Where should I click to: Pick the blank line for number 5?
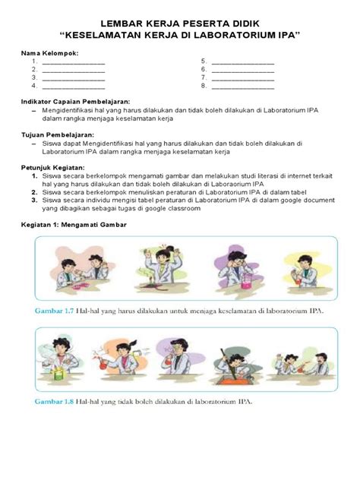click(x=242, y=61)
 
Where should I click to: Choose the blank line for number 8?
click(x=242, y=86)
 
